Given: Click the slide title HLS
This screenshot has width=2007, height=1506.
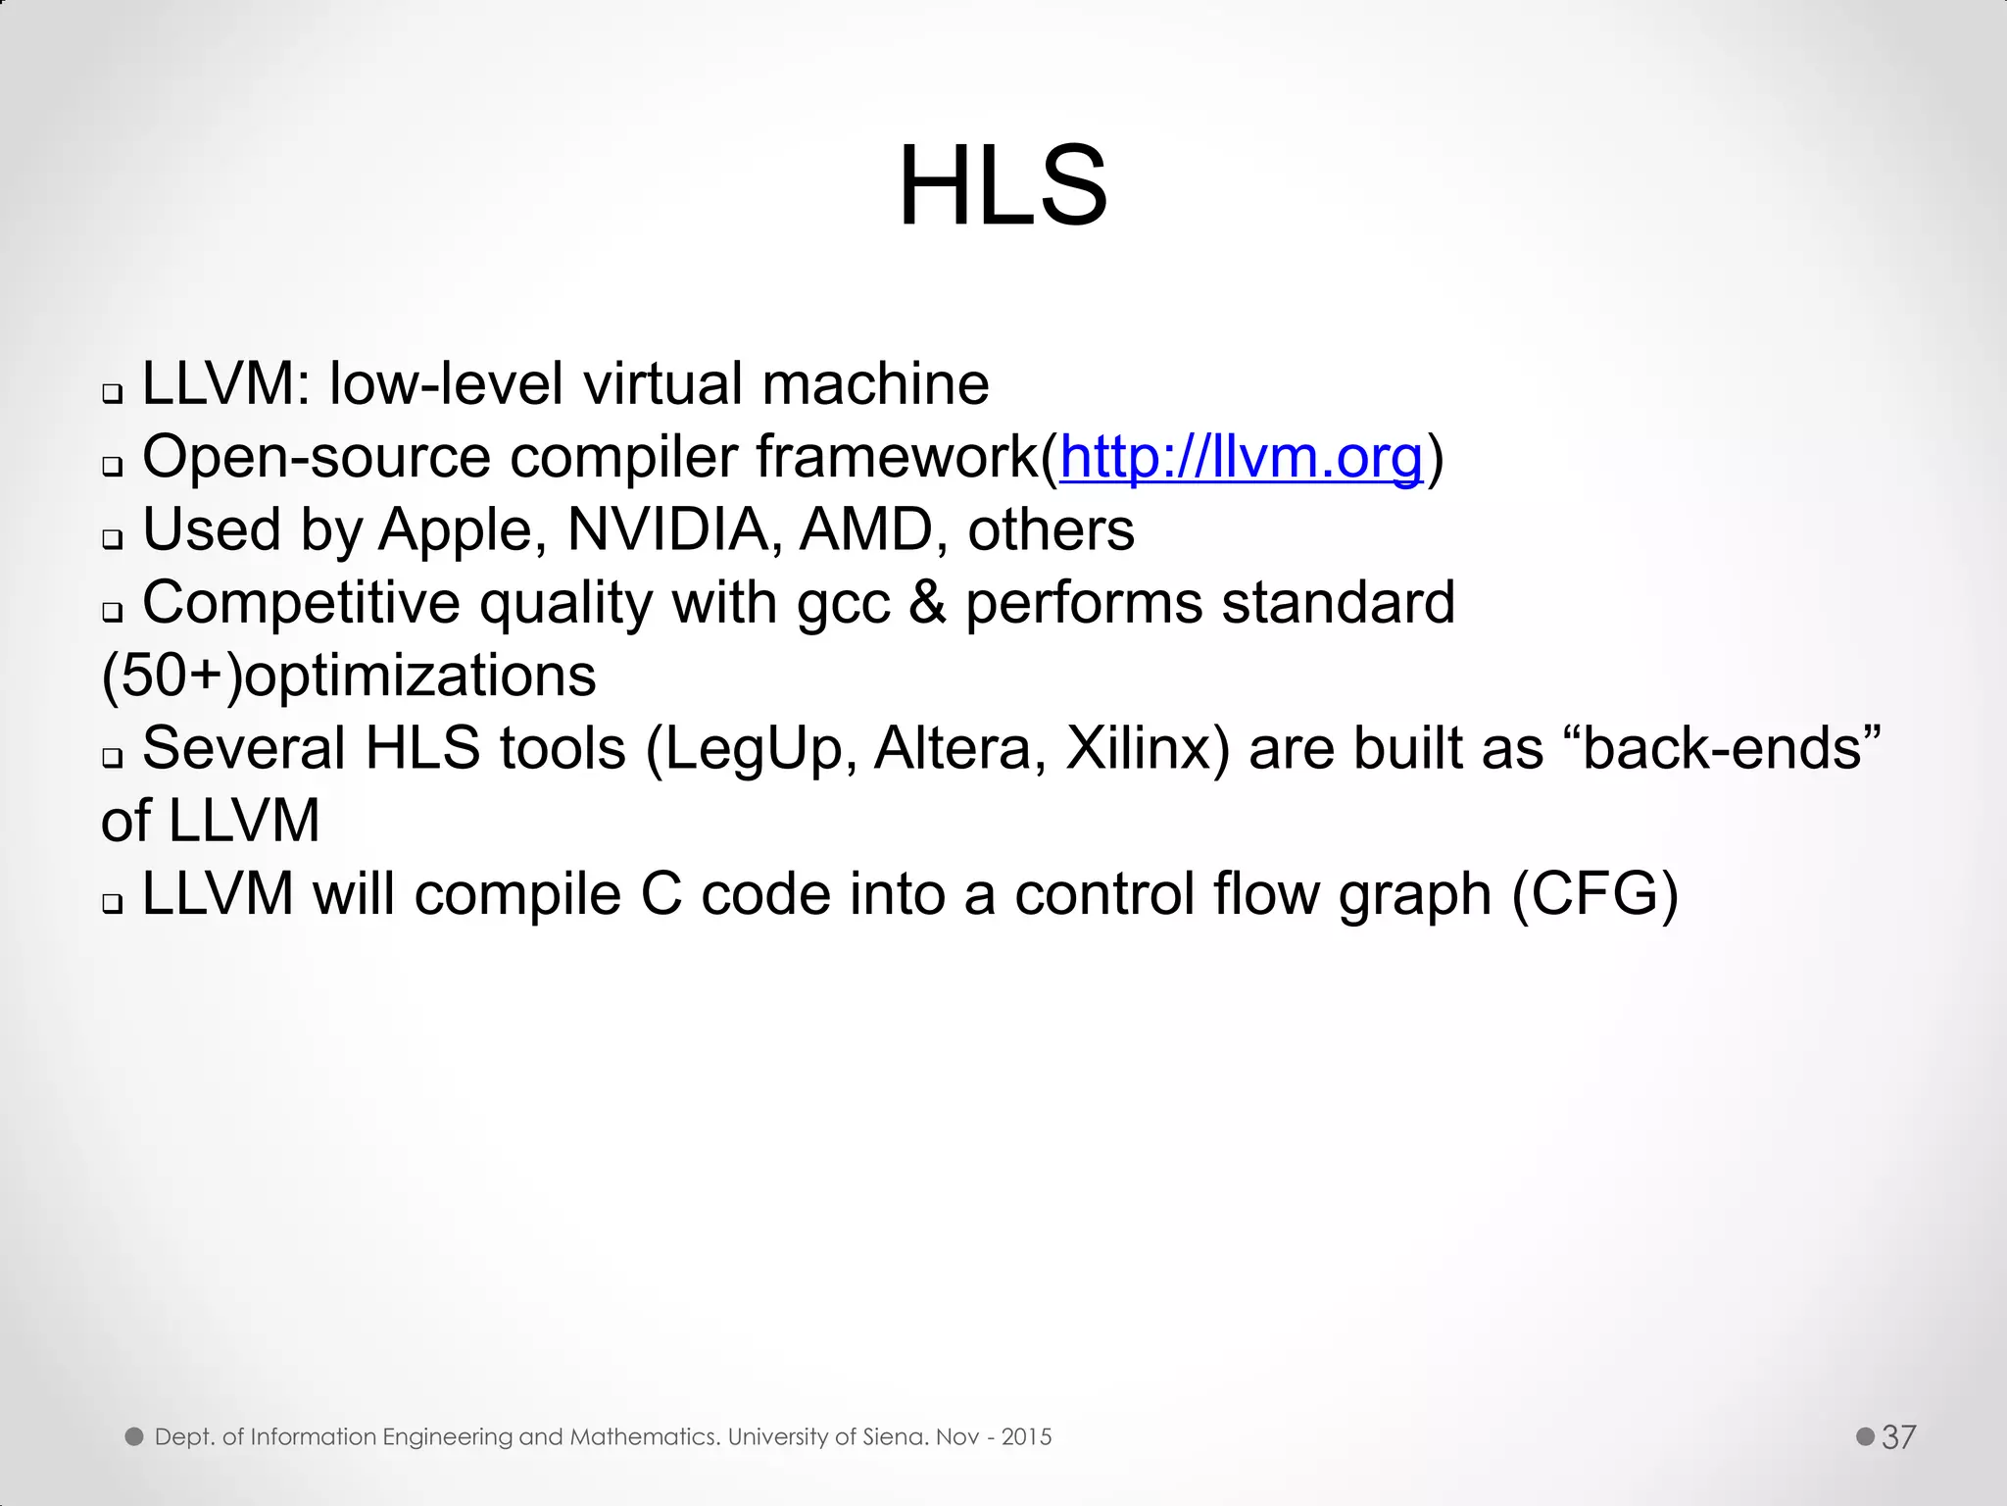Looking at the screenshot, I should point(1003,186).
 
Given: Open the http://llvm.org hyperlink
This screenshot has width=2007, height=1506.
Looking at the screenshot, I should point(1241,457).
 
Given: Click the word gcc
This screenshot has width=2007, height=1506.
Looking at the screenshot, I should point(844,604).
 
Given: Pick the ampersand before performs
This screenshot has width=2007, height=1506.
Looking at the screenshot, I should point(927,602).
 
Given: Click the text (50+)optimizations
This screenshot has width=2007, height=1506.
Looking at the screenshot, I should point(349,677).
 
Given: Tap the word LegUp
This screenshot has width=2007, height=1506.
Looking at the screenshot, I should point(754,749).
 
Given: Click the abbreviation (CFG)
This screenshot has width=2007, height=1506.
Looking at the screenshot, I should point(1594,894).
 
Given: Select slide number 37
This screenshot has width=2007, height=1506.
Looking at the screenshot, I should point(1898,1436).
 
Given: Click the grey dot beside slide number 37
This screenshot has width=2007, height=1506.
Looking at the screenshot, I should point(1865,1436).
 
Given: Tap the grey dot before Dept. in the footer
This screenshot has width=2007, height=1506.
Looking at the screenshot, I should point(134,1436).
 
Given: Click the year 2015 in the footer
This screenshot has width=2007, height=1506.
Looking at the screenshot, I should point(1026,1437).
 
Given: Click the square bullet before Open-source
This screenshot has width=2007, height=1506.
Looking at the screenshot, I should point(113,465).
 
